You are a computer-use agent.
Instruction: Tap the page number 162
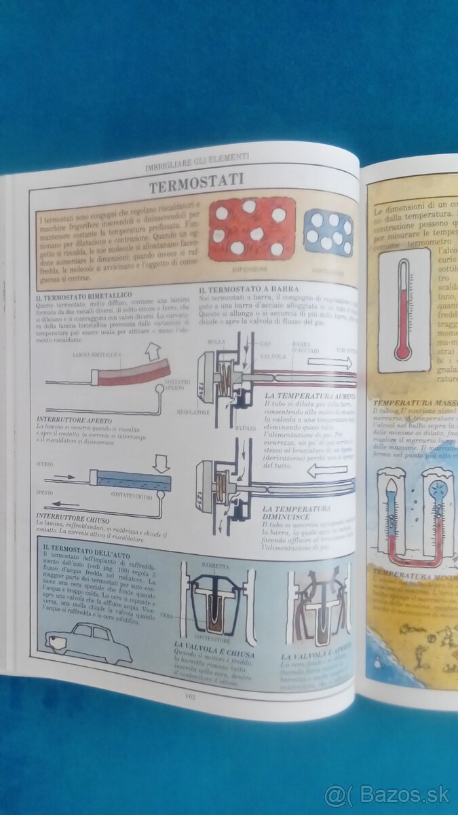tap(191, 694)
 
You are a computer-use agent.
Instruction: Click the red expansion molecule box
tap(252, 229)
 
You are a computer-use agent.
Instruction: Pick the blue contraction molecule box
tap(328, 233)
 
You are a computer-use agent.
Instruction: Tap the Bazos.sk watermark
tap(386, 795)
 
